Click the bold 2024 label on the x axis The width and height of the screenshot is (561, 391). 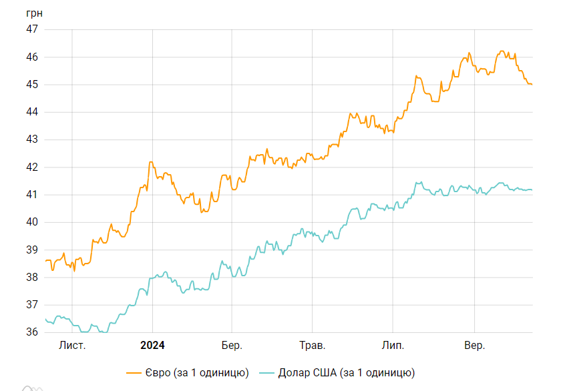tap(152, 345)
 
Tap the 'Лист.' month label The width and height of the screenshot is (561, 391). tap(72, 345)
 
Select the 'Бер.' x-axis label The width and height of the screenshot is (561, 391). tap(232, 345)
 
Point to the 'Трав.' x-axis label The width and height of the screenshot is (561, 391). tap(312, 345)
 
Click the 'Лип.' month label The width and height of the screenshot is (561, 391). tap(393, 345)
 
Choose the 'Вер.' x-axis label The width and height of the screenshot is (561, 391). tap(474, 345)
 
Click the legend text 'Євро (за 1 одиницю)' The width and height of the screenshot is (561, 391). tap(197, 372)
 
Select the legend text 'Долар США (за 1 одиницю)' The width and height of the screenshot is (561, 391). tap(347, 372)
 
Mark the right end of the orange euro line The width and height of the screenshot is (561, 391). tap(532, 84)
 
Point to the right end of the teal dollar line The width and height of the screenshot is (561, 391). tap(532, 189)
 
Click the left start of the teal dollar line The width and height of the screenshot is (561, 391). tap(45, 320)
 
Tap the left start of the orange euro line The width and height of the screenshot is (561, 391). tap(45, 261)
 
